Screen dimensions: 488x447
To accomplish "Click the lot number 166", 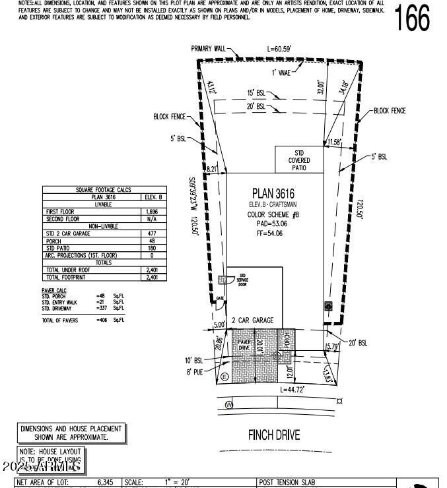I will point(413,18).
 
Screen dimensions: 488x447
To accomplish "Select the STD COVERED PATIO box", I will point(298,160).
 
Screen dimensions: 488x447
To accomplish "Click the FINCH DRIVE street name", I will point(274,435).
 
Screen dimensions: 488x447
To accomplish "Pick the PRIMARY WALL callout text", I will point(208,49).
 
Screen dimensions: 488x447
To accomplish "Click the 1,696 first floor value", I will point(151,211).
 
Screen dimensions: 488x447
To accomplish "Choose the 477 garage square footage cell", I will point(151,233).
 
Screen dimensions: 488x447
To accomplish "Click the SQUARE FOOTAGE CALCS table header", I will point(103,190).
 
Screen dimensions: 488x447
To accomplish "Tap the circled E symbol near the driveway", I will point(224,377).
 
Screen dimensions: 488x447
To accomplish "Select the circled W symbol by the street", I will point(230,404).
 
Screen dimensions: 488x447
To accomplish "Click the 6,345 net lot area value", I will point(105,483).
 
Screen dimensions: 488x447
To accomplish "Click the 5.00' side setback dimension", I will point(220,324).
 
